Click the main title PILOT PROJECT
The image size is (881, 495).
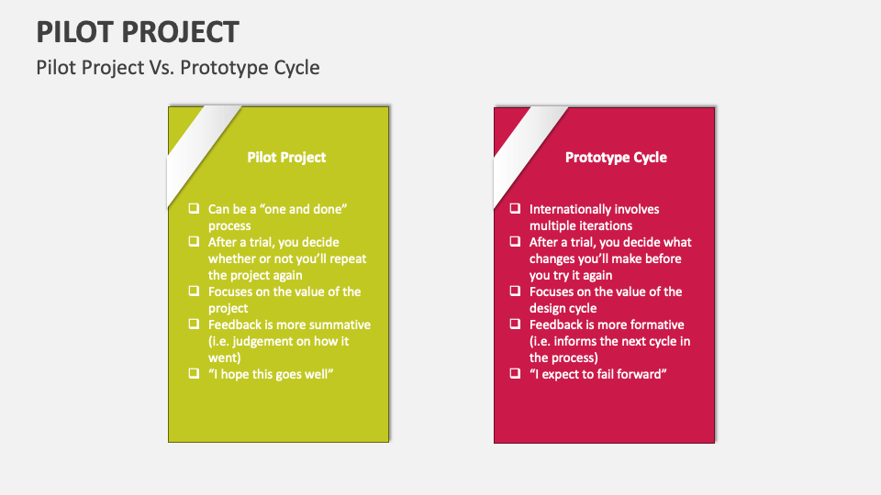coord(138,31)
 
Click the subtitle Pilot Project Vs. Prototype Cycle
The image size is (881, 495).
coord(178,68)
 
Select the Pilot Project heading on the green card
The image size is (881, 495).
coord(286,158)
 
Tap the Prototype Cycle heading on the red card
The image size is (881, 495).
coord(616,158)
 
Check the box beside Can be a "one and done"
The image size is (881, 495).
coord(194,209)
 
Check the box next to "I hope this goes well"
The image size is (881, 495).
coord(194,374)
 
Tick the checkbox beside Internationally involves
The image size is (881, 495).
coord(515,209)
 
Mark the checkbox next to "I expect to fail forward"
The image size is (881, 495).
coord(515,374)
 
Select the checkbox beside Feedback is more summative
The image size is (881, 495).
coord(194,324)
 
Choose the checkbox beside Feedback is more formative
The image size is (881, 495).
coord(515,324)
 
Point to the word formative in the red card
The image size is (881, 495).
coord(656,324)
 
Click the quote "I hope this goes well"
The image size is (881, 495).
coord(270,374)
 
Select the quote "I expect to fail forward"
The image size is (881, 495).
coord(596,374)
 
